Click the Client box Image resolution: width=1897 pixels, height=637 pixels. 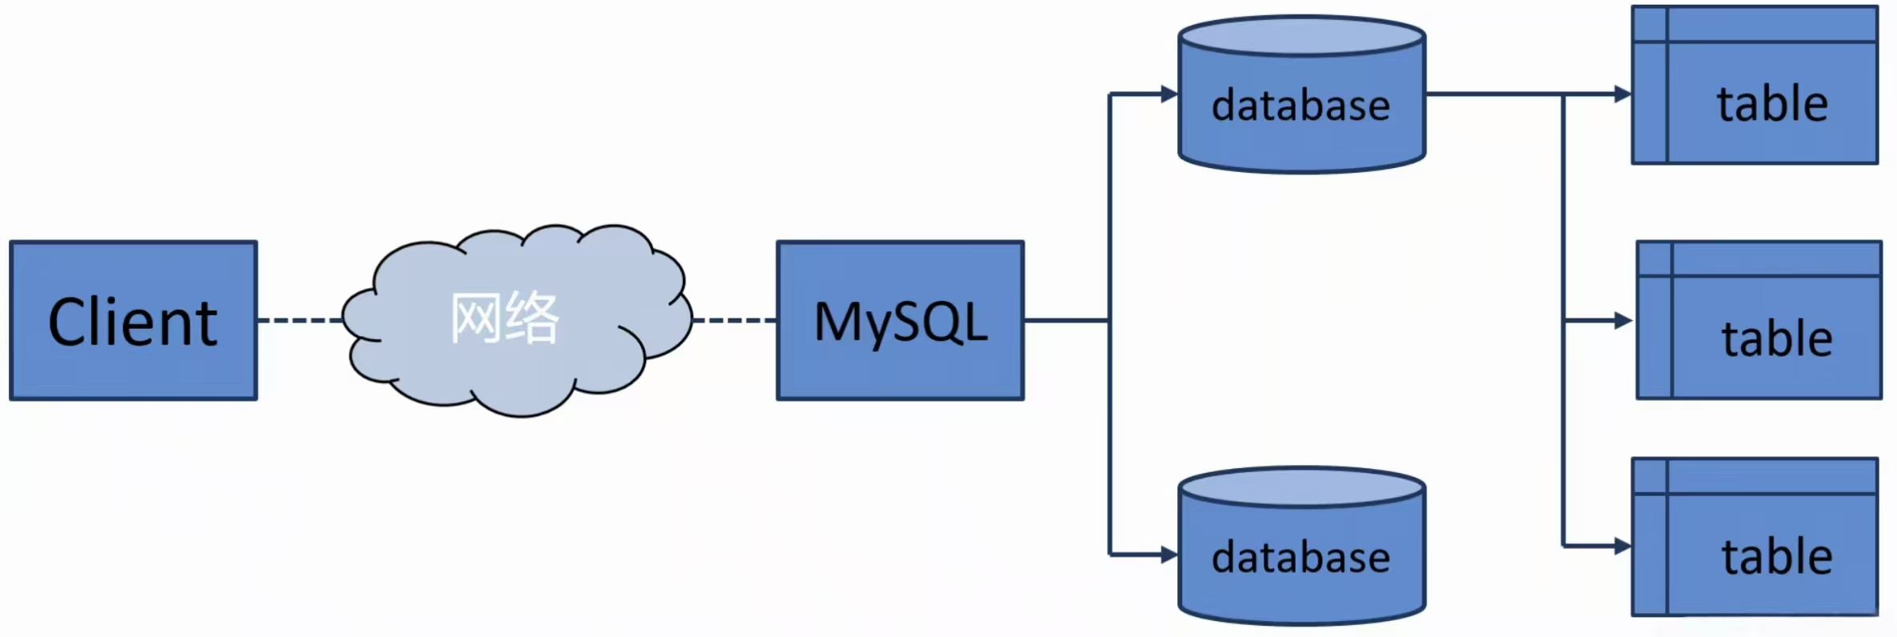tap(133, 320)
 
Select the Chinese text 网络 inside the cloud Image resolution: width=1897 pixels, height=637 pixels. tap(505, 318)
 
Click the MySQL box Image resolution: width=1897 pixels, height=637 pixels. tap(900, 320)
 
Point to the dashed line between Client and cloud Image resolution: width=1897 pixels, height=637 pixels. tap(300, 320)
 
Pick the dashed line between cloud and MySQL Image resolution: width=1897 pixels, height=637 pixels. tap(734, 320)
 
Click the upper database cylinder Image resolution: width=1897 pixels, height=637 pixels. tap(1301, 120)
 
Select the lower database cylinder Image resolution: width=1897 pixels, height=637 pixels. tap(1301, 568)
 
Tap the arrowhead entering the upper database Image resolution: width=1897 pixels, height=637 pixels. tap(1169, 94)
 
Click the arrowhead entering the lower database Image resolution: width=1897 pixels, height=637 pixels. tap(1169, 554)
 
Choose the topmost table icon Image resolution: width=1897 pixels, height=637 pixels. tap(1755, 85)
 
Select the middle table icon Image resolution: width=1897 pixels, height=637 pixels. tap(1759, 320)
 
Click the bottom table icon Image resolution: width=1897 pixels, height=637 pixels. tap(1755, 537)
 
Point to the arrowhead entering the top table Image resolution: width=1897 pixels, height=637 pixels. tap(1623, 94)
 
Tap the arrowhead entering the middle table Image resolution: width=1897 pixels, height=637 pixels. tap(1623, 321)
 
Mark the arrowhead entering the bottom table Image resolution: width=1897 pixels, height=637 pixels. tap(1623, 547)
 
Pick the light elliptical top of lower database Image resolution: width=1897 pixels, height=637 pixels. tap(1301, 487)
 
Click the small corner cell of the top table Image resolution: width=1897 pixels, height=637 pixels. tap(1650, 24)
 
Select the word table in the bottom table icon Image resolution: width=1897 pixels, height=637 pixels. tap(1776, 557)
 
